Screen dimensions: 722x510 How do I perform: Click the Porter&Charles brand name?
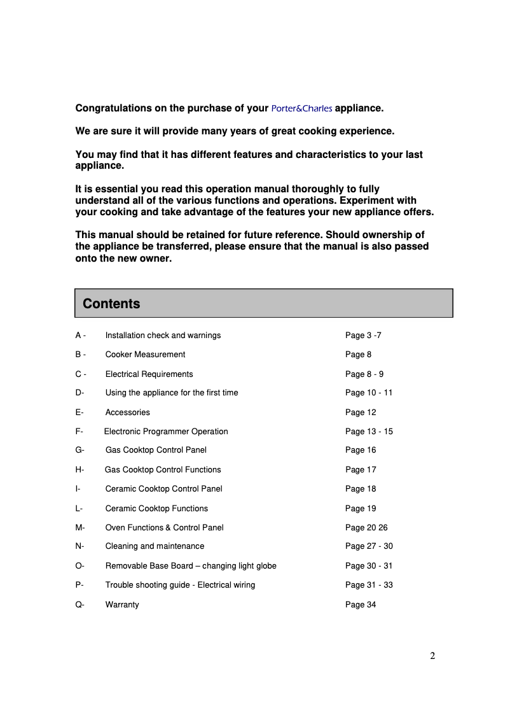[x=301, y=108]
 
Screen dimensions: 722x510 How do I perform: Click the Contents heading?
[x=111, y=304]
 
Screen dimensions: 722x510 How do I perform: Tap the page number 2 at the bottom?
[x=432, y=656]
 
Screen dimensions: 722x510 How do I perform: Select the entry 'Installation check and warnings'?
[x=163, y=335]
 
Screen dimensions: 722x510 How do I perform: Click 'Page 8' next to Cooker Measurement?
[x=358, y=355]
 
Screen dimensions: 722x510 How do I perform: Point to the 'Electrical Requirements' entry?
[x=149, y=374]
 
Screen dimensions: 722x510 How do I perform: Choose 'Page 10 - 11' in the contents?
[x=369, y=393]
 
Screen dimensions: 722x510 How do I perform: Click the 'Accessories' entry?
[x=127, y=413]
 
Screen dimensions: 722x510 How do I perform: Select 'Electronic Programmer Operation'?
[x=166, y=432]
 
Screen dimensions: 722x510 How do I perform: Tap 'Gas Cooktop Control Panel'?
[x=156, y=450]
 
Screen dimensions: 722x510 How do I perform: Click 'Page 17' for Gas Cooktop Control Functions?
[x=361, y=470]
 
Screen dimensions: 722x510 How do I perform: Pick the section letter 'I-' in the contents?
[x=78, y=489]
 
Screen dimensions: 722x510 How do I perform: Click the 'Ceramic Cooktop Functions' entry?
[x=156, y=509]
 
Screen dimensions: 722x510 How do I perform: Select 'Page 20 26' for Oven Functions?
[x=366, y=528]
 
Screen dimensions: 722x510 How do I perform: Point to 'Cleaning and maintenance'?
[x=155, y=546]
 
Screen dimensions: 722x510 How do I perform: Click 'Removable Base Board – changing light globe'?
[x=191, y=566]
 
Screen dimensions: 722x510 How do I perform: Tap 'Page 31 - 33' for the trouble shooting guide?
[x=369, y=585]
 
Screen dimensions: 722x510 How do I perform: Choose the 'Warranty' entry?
[x=122, y=605]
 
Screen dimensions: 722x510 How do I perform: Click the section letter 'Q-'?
[x=79, y=605]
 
